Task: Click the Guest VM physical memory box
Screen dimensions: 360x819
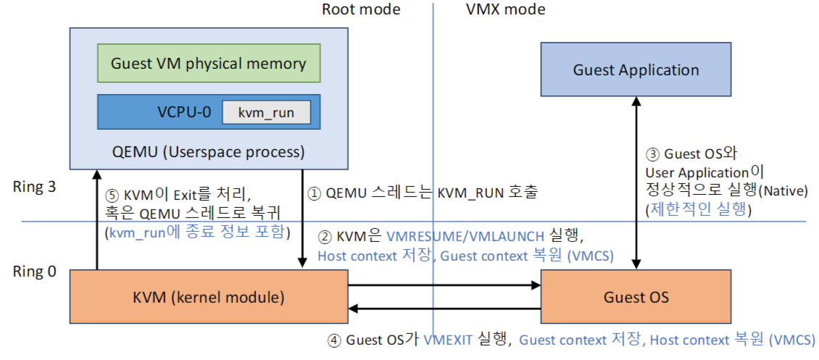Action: point(208,63)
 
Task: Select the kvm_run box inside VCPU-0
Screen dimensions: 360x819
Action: point(266,113)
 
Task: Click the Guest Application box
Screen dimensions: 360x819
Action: point(636,70)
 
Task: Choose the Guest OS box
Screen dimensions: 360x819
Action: point(636,296)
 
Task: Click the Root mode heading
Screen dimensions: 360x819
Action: point(360,10)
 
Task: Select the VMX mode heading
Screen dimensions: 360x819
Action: point(504,10)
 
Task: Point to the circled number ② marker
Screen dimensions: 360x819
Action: point(324,236)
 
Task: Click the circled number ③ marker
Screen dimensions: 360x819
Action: point(652,154)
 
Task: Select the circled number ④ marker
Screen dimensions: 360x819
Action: point(333,340)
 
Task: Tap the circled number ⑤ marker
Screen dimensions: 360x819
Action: point(111,194)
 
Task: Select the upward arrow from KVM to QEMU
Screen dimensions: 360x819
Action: point(96,217)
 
